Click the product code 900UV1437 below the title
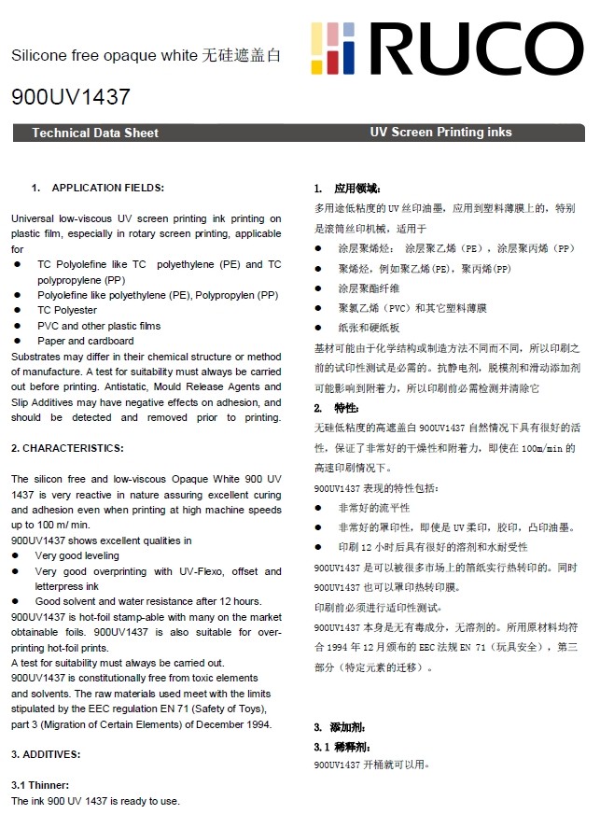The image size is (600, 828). (70, 97)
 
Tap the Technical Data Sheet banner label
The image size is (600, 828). (95, 133)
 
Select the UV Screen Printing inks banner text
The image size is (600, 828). (440, 133)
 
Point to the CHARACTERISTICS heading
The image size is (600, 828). (67, 448)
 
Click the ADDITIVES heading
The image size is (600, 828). (46, 753)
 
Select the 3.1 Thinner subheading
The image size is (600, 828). (40, 785)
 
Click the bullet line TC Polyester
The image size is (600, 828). (66, 310)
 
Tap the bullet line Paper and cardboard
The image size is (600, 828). (85, 341)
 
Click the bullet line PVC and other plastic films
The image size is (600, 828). (98, 326)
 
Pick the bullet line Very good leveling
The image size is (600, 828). (77, 555)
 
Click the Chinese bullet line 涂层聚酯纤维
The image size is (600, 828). (369, 288)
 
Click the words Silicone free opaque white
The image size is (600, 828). (105, 56)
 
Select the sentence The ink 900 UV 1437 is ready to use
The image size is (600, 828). (95, 801)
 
